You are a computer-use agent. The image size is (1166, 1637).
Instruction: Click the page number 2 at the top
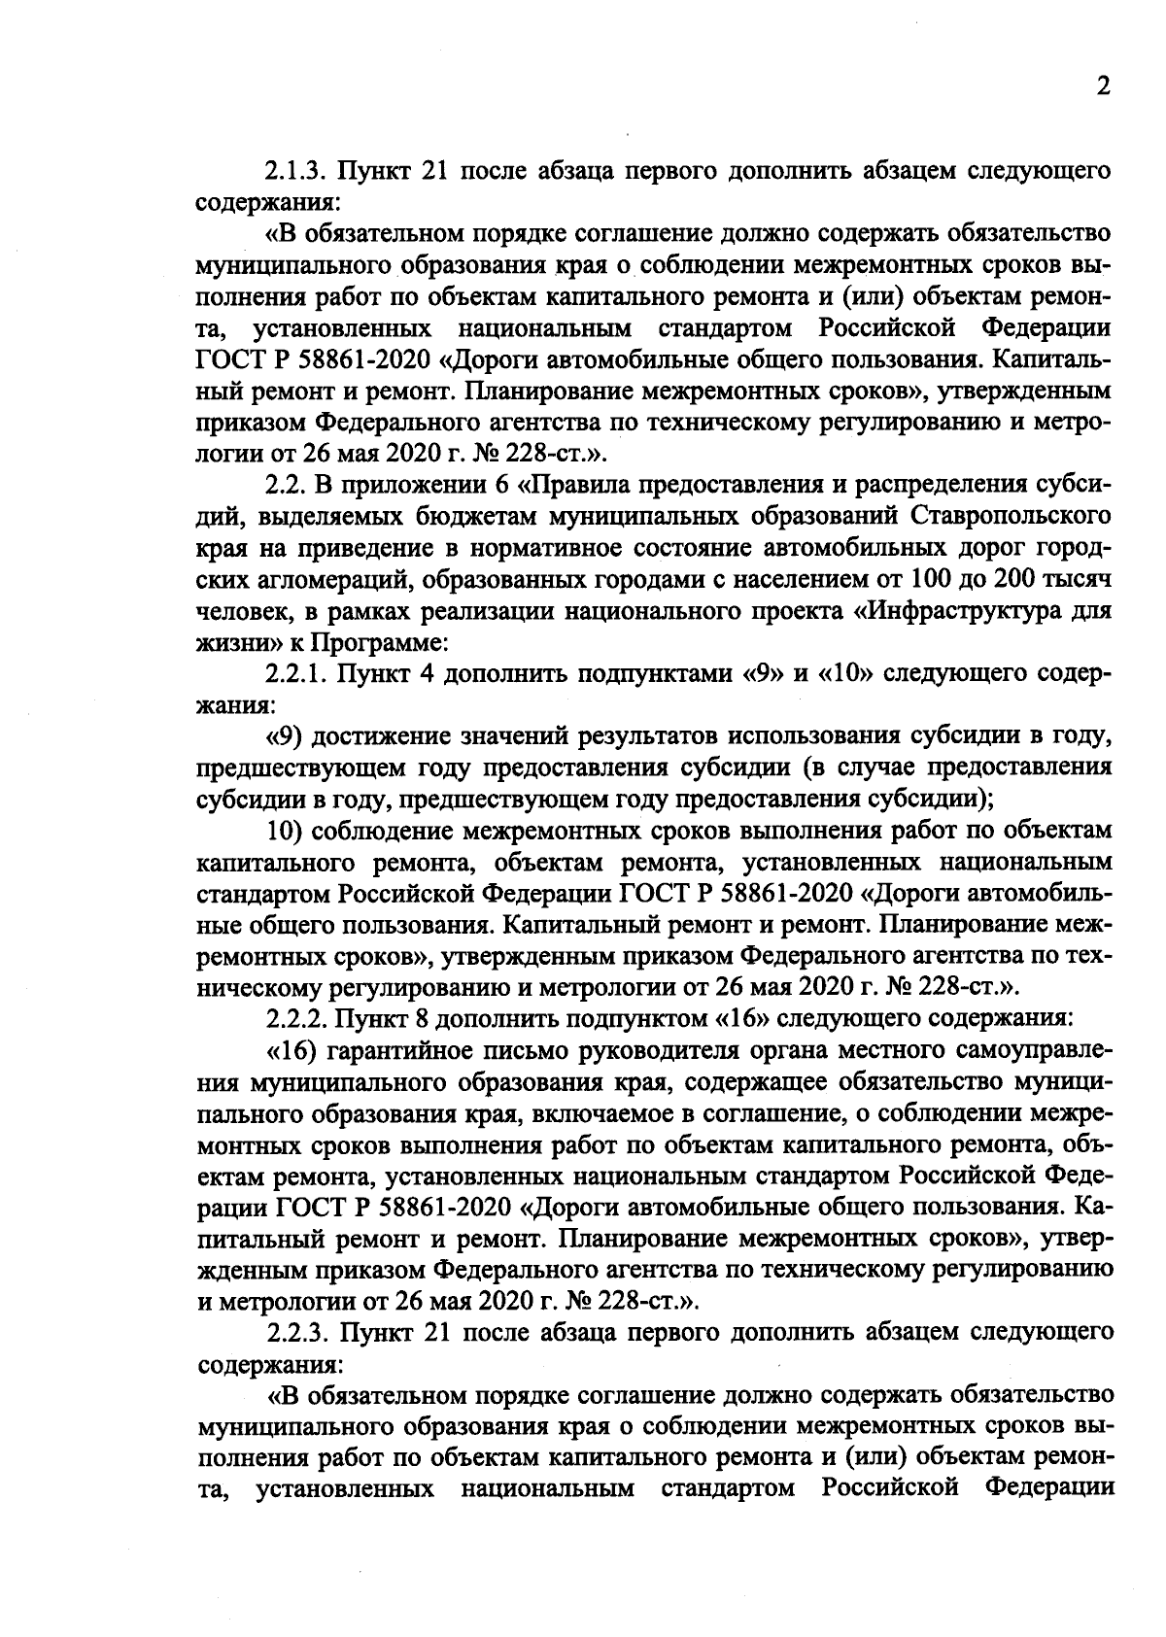coord(1103,87)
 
